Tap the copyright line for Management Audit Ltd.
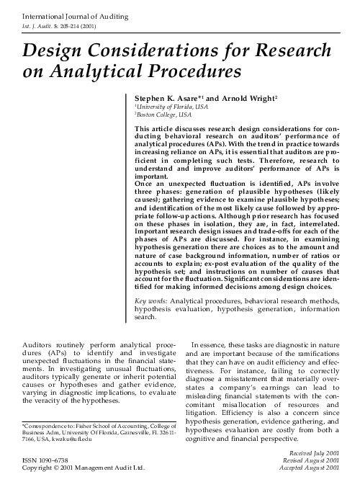coord(79,468)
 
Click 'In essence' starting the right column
coord(211,347)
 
